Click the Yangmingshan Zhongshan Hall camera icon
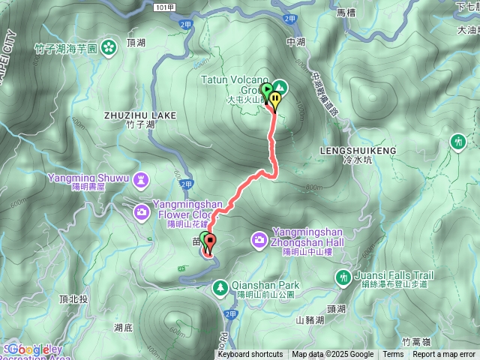(259, 238)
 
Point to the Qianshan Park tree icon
(220, 286)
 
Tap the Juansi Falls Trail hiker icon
(342, 278)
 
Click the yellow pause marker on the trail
(276, 99)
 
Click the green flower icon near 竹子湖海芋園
(109, 47)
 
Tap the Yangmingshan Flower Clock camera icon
(142, 213)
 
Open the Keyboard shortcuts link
(250, 355)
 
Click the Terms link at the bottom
(393, 355)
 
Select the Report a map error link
(444, 355)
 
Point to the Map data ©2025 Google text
(333, 355)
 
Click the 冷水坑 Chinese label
(347, 160)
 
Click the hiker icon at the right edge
(458, 141)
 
